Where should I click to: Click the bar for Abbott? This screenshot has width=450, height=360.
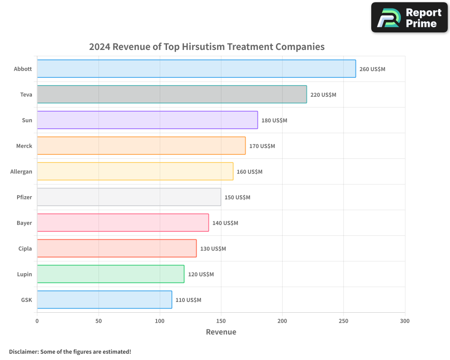(x=196, y=69)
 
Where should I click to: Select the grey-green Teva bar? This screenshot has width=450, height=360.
(x=171, y=94)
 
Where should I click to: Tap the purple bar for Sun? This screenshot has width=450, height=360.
(x=147, y=120)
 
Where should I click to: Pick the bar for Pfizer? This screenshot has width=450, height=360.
(x=129, y=197)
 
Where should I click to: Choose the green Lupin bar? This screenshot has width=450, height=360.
(x=110, y=274)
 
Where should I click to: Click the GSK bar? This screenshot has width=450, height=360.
(x=104, y=300)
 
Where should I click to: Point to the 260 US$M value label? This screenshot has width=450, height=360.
(x=372, y=69)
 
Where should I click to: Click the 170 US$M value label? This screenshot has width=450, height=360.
(x=262, y=146)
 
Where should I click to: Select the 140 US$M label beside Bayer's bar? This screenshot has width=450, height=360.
(x=225, y=223)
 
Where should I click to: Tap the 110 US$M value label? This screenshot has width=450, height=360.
(x=188, y=300)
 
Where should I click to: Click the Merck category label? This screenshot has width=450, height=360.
(x=23, y=146)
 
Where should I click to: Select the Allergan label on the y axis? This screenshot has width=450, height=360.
(x=21, y=171)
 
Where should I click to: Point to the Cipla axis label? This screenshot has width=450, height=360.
(x=25, y=248)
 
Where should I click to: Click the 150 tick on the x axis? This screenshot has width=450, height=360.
(x=221, y=321)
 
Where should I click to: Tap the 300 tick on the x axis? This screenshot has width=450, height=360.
(x=405, y=321)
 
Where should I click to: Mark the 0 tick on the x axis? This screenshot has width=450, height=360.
(x=37, y=321)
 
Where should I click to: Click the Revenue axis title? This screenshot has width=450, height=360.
(x=221, y=332)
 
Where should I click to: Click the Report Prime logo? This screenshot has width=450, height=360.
(x=409, y=18)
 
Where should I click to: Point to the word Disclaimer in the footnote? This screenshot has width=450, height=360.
(x=23, y=351)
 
